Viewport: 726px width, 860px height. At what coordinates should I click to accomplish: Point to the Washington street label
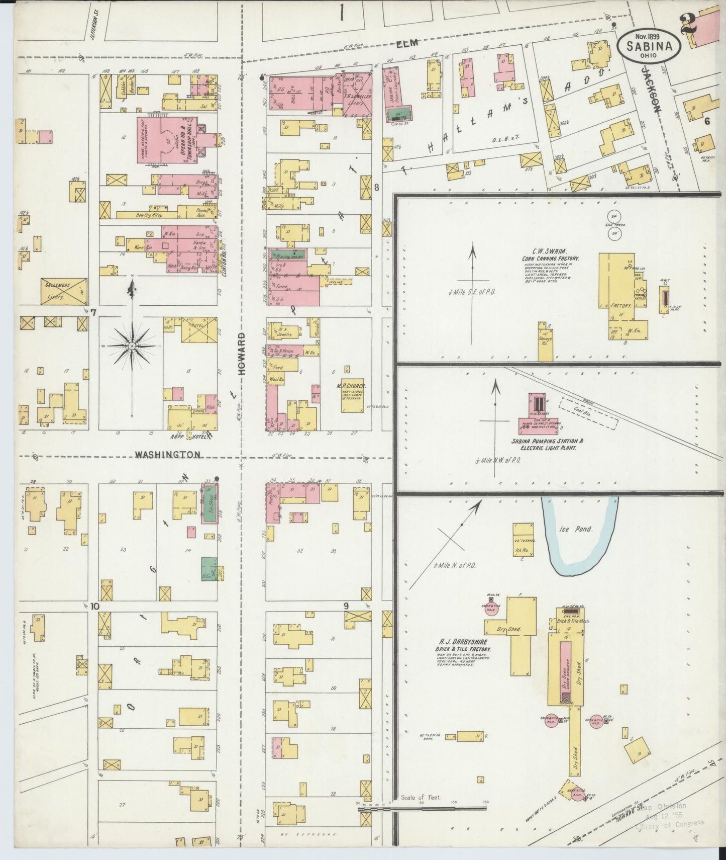167,454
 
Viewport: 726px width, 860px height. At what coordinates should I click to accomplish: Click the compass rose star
132,346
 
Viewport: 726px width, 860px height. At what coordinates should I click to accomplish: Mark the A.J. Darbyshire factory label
463,647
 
